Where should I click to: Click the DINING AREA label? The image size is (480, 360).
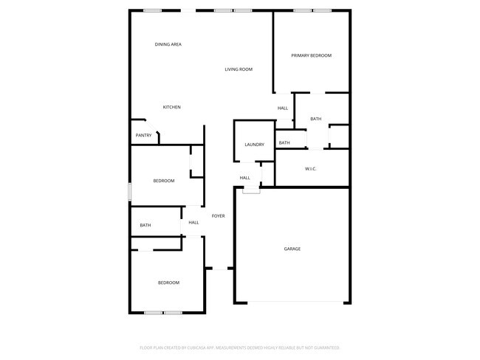[x=168, y=44]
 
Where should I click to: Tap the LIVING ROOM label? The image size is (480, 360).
[x=239, y=69]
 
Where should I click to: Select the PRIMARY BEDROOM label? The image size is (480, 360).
[x=311, y=55]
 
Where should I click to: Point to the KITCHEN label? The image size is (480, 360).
[x=172, y=107]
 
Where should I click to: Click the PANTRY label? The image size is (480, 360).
[x=143, y=135]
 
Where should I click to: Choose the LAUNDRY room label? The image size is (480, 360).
[x=254, y=144]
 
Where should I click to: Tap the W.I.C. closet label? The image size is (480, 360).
[x=311, y=169]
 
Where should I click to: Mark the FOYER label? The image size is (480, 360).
[x=218, y=215]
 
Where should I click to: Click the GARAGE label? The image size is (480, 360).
[x=292, y=249]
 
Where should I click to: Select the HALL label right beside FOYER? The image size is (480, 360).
[x=193, y=222]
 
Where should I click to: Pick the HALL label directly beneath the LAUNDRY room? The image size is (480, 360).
[x=244, y=177]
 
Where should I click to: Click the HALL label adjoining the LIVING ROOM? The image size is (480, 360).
[x=283, y=108]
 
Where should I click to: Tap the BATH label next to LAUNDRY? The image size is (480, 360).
[x=284, y=142]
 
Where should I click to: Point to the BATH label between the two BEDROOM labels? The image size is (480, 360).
[x=145, y=225]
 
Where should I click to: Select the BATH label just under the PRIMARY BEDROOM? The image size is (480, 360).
[x=316, y=119]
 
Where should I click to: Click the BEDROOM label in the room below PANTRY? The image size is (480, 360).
[x=164, y=181]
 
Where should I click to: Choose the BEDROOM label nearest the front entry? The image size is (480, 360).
[x=168, y=283]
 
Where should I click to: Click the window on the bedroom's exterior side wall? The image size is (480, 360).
[x=130, y=191]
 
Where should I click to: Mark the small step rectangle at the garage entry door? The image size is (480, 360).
[x=251, y=191]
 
